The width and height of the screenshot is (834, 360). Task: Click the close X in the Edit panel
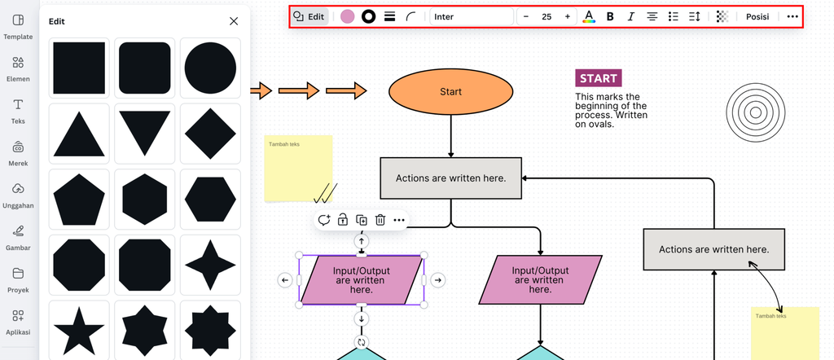tap(234, 21)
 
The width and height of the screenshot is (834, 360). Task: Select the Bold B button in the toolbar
tap(610, 16)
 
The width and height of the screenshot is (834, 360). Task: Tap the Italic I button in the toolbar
tap(630, 16)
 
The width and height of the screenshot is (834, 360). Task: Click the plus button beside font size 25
tap(568, 16)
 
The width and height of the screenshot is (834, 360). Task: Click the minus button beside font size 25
tap(526, 16)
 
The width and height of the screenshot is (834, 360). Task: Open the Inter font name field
tap(471, 16)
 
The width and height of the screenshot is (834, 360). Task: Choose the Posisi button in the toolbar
tap(757, 16)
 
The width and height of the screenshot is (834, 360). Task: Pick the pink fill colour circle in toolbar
tap(348, 16)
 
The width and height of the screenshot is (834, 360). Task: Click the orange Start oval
tap(450, 92)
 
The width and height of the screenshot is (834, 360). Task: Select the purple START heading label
tap(599, 78)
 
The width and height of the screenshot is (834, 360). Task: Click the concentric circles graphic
tap(754, 111)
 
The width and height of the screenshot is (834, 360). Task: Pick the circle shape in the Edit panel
tap(210, 68)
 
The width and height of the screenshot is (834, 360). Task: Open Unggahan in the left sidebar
tap(18, 195)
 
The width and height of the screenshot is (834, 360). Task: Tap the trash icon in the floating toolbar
tap(380, 220)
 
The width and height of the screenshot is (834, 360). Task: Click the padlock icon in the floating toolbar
tap(343, 220)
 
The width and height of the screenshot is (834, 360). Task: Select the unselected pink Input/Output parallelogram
tap(540, 279)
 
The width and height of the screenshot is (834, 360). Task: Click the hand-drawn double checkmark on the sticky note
tap(325, 193)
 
